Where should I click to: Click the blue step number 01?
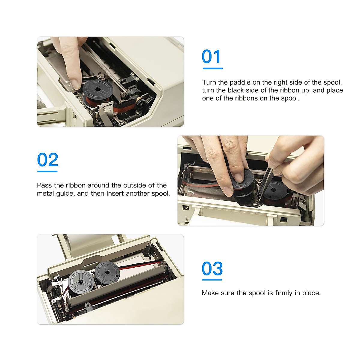click(x=211, y=56)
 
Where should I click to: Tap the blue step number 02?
click(x=48, y=159)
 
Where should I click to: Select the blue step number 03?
click(x=212, y=268)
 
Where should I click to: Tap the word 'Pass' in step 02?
click(x=44, y=185)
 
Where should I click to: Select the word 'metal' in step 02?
click(x=45, y=193)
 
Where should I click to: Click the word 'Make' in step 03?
click(x=210, y=293)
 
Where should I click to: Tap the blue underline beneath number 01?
click(x=213, y=69)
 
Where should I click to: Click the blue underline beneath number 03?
click(x=212, y=280)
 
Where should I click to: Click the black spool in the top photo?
click(x=98, y=91)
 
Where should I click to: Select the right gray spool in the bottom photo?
click(x=107, y=273)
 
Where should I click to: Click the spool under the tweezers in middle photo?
click(x=274, y=192)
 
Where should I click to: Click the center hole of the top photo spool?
click(x=97, y=89)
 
